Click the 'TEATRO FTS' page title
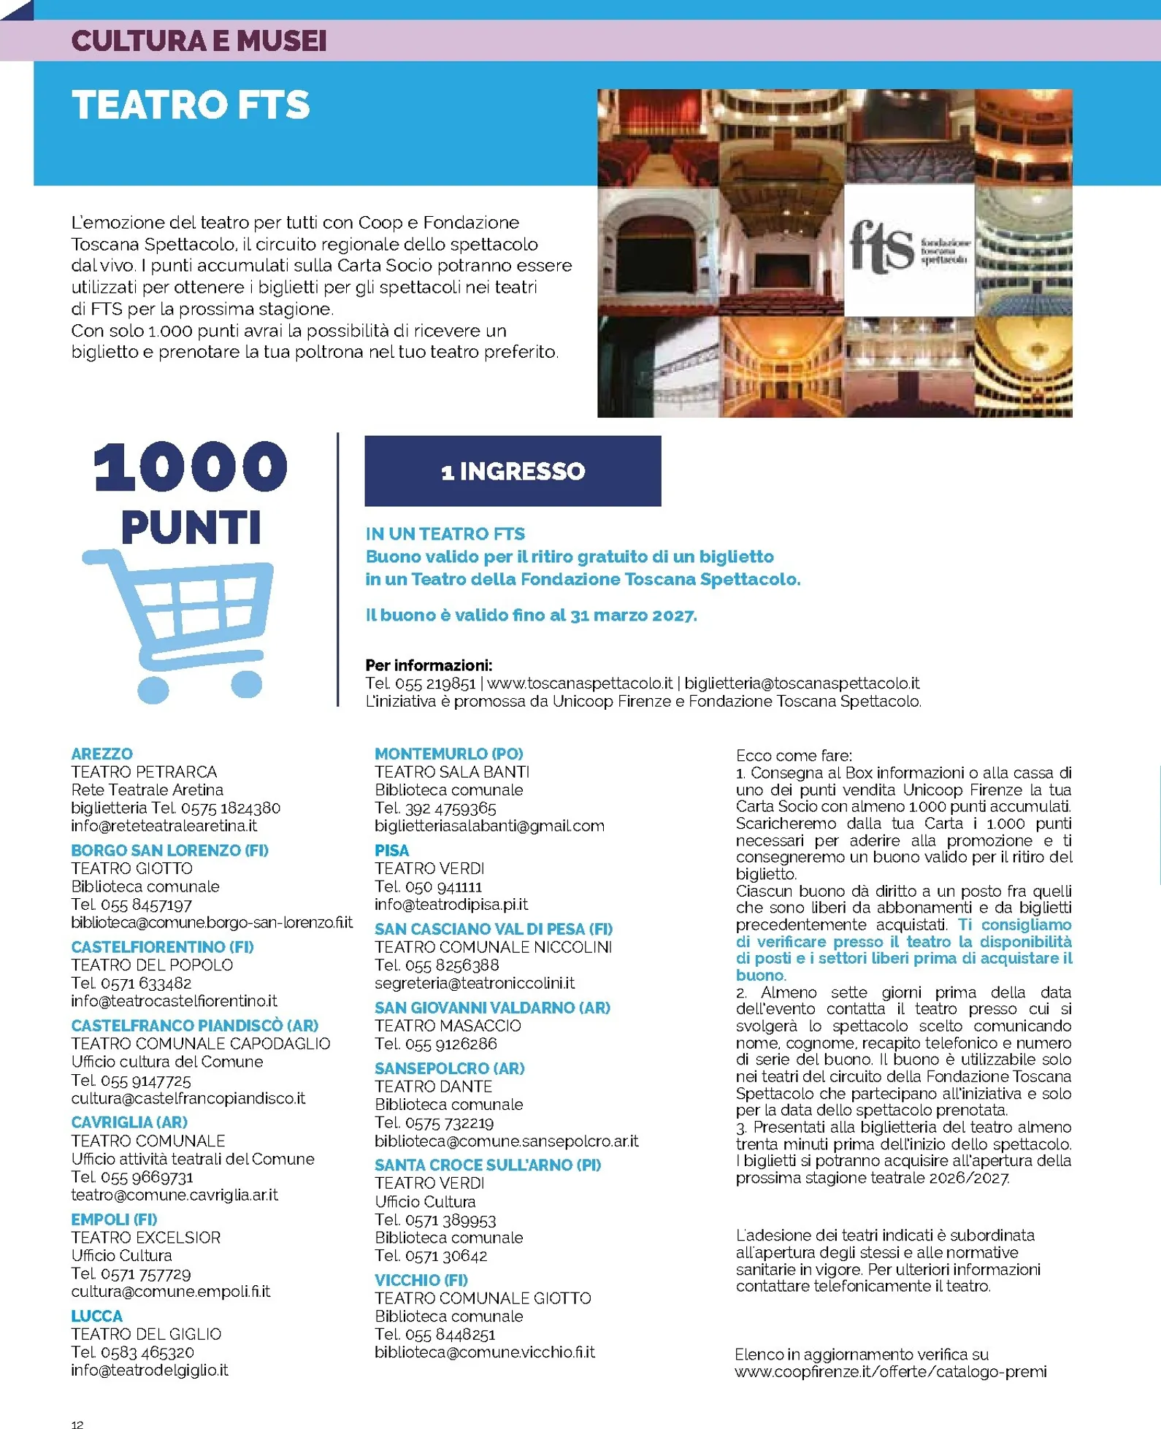(x=191, y=105)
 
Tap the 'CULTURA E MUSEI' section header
(x=199, y=41)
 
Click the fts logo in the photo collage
(x=909, y=249)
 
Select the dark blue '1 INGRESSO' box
(x=513, y=471)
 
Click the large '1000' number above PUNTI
(x=191, y=468)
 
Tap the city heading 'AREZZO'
(x=102, y=754)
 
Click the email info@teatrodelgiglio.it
(x=150, y=1370)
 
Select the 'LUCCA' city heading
(x=96, y=1316)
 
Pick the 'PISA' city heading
(x=392, y=850)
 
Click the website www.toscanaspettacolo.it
(x=580, y=683)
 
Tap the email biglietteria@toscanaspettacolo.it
(x=802, y=683)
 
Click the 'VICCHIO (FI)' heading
(x=421, y=1279)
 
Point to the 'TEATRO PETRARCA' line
(x=144, y=772)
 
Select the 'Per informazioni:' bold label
(x=429, y=665)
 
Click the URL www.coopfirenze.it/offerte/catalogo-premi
(x=891, y=1371)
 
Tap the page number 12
(x=77, y=1424)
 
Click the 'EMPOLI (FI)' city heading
(x=114, y=1219)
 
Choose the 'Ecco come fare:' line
(x=794, y=755)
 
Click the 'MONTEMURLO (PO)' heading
(x=449, y=754)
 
